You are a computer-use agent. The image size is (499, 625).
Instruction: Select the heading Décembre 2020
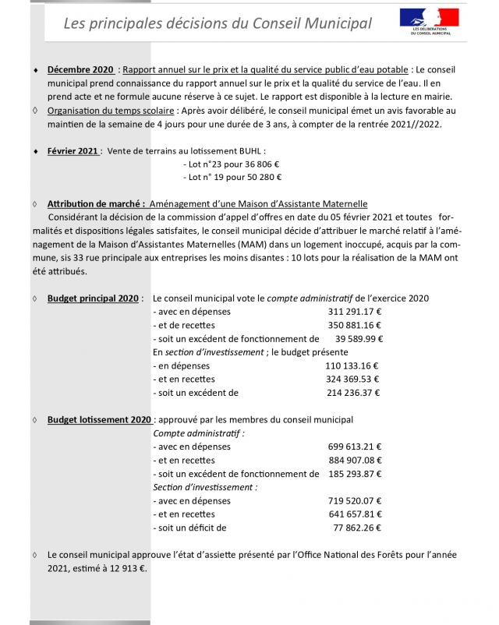tap(80, 70)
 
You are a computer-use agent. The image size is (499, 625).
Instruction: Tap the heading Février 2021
tap(73, 150)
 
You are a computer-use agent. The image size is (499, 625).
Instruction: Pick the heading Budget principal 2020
tap(94, 298)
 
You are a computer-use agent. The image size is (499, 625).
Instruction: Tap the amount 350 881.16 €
tap(354, 325)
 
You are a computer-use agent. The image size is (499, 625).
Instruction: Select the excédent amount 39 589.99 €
tap(359, 339)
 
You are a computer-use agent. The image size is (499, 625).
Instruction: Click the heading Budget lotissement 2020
tap(99, 420)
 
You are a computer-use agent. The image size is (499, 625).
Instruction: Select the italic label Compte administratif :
tap(199, 433)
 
